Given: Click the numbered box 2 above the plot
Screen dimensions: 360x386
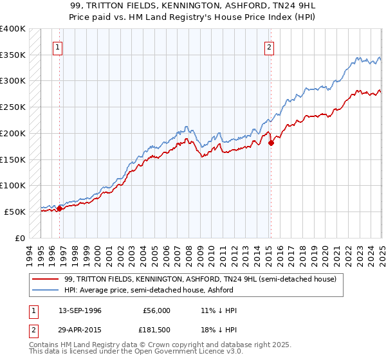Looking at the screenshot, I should click(x=268, y=47).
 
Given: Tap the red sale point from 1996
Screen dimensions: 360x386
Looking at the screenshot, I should click(x=59, y=208).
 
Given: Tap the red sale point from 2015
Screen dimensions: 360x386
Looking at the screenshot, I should click(x=271, y=143).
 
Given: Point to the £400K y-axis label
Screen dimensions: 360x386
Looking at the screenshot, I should click(x=13, y=29).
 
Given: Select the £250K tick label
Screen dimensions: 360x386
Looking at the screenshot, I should click(x=13, y=107).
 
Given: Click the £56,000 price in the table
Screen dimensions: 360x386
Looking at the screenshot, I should click(x=157, y=310).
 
